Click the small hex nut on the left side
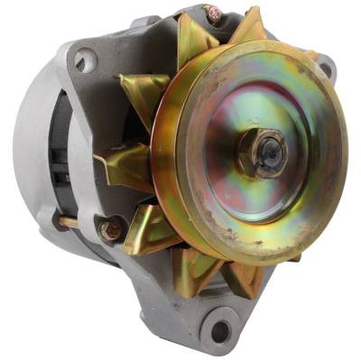click(x=111, y=230)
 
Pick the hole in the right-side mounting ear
click(x=326, y=66)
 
